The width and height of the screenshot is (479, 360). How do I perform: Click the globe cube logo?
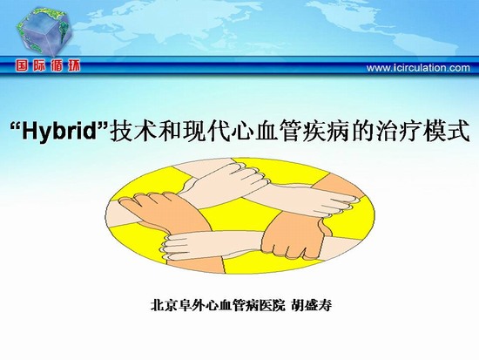[44, 31]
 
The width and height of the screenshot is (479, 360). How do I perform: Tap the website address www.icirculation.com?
[418, 68]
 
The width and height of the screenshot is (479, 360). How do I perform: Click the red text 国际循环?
[48, 65]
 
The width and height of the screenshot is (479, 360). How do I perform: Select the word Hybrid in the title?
[59, 131]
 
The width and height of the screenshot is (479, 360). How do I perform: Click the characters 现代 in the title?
[193, 131]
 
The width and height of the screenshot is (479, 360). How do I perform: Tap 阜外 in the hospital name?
[191, 305]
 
